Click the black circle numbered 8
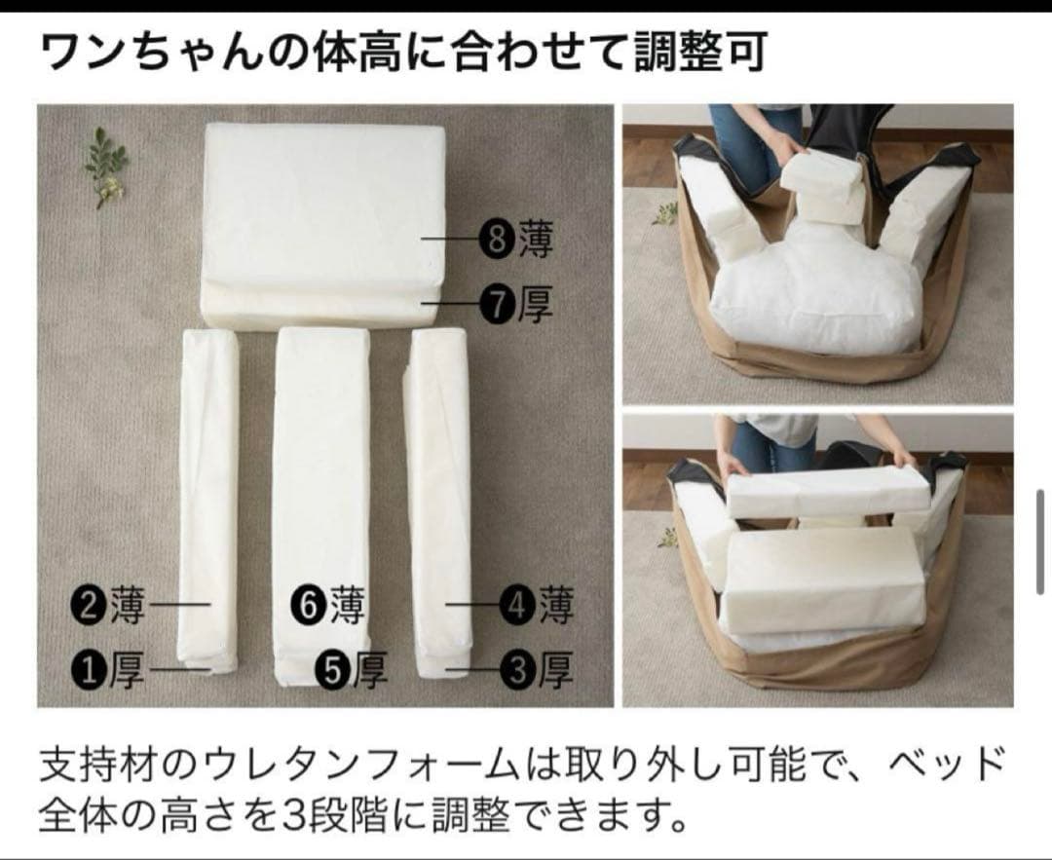coord(498,240)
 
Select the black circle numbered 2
coord(90,606)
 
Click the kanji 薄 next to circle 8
coord(535,240)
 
